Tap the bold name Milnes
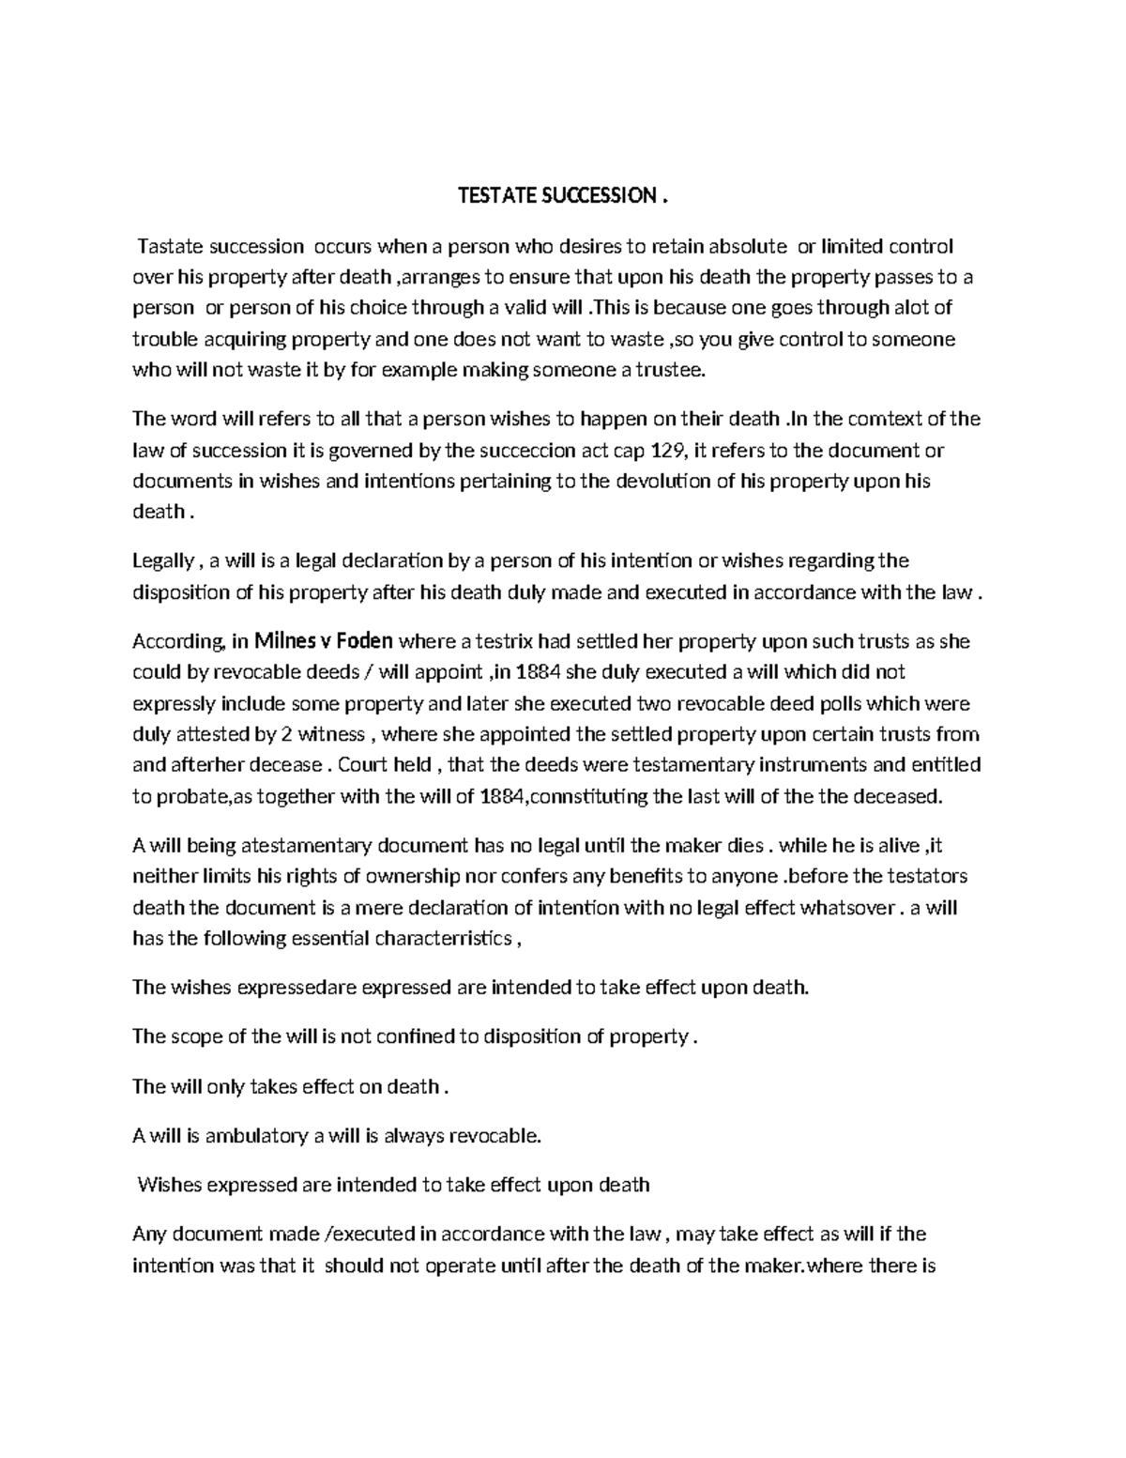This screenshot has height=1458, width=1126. [285, 642]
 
